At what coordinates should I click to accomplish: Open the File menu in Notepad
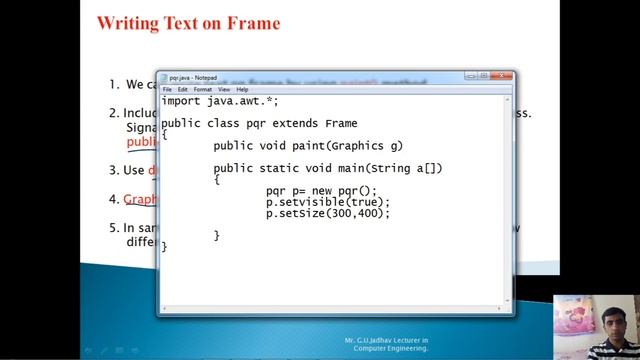pos(168,89)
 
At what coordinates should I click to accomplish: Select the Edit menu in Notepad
pos(182,89)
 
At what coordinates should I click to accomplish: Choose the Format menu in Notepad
pos(202,89)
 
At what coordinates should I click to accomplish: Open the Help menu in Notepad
pos(242,89)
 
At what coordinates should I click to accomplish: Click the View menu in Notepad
pos(223,89)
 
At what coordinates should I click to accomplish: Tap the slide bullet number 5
pos(113,228)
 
